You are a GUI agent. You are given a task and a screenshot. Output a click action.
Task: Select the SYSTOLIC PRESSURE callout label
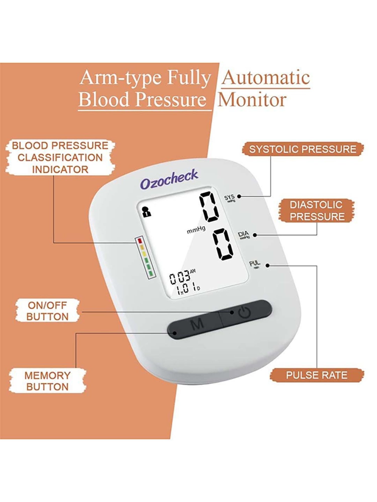[x=303, y=149]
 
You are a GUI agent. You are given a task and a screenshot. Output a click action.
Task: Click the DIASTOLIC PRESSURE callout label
[x=316, y=211]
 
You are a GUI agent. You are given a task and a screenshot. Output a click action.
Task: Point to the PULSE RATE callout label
[x=317, y=375]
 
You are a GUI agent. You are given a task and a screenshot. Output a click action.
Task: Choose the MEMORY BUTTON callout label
[x=48, y=381]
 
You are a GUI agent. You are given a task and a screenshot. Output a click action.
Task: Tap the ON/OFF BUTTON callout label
[x=48, y=311]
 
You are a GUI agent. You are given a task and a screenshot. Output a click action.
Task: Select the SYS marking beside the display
[x=229, y=198]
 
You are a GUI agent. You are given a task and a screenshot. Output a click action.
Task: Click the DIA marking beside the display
[x=243, y=235]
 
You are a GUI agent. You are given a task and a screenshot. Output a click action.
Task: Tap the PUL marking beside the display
[x=254, y=264]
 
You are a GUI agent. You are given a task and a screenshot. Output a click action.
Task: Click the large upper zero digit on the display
[x=209, y=207]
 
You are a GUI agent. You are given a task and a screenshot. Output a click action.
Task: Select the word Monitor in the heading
[x=252, y=100]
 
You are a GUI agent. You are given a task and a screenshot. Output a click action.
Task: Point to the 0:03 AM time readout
[x=181, y=278]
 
